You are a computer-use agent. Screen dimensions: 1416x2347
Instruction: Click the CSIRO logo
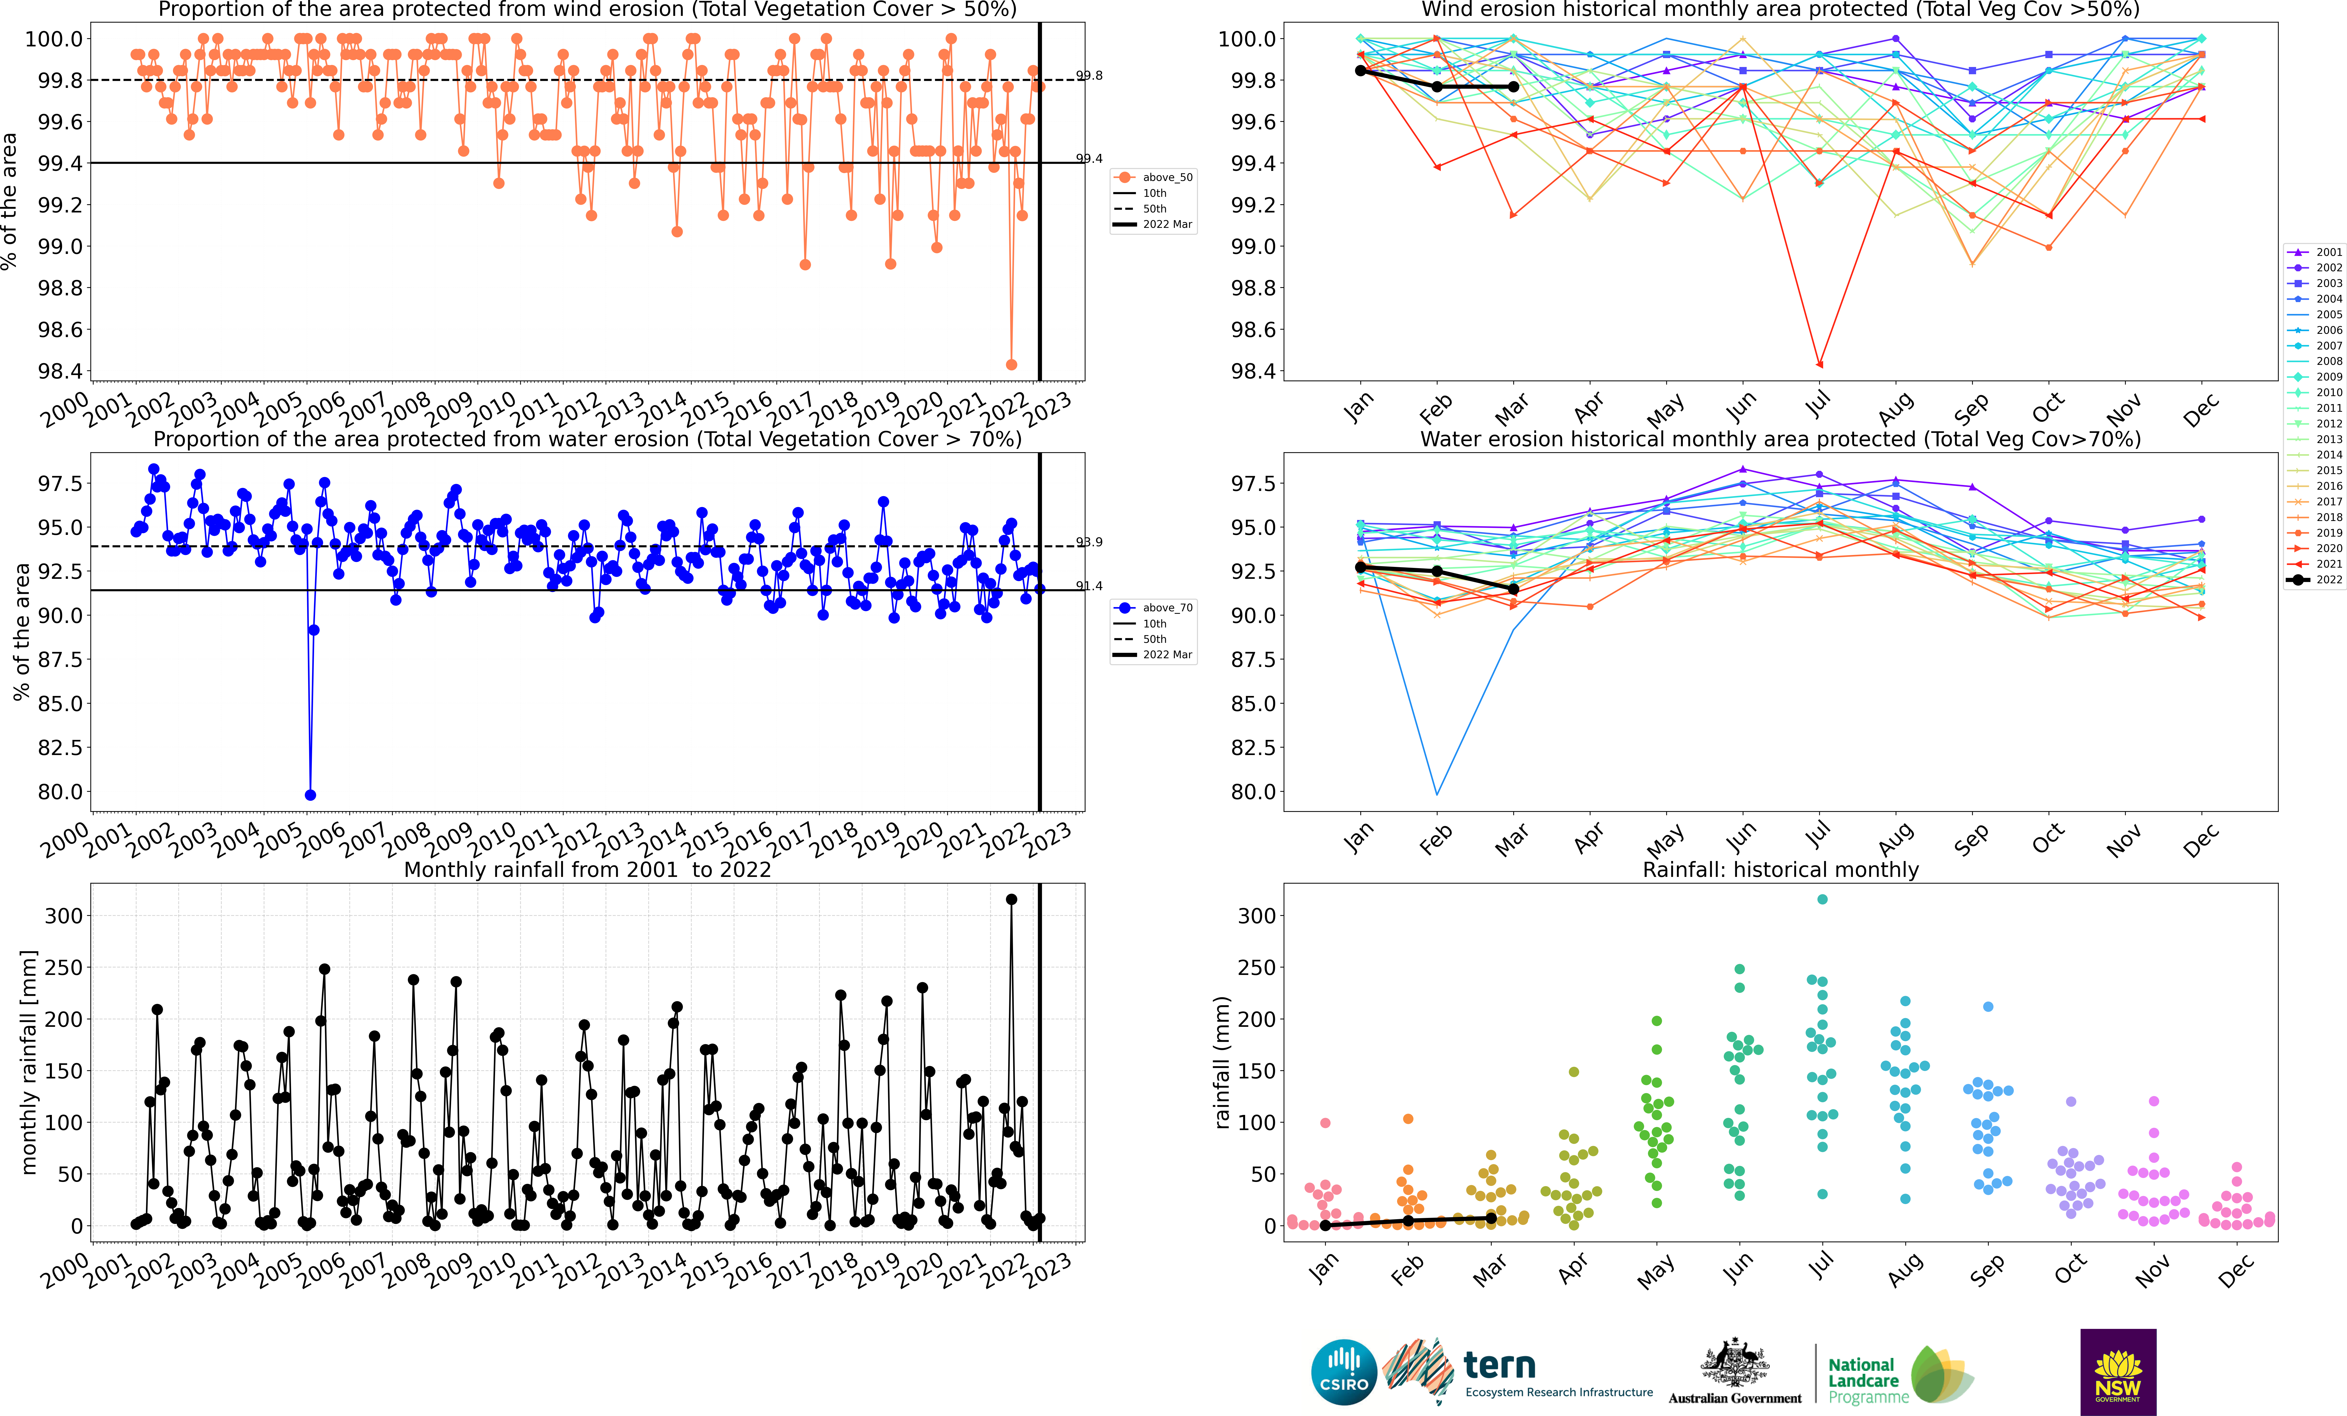[1344, 1372]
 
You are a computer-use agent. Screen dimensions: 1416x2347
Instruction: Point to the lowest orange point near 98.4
[1011, 365]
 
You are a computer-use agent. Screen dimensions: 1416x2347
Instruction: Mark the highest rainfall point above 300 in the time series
[1011, 899]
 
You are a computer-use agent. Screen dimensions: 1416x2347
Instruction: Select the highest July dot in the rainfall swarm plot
[1823, 899]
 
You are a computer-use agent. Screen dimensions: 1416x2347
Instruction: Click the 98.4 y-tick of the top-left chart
[59, 371]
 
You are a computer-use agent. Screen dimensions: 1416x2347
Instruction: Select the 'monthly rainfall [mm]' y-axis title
[29, 1062]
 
